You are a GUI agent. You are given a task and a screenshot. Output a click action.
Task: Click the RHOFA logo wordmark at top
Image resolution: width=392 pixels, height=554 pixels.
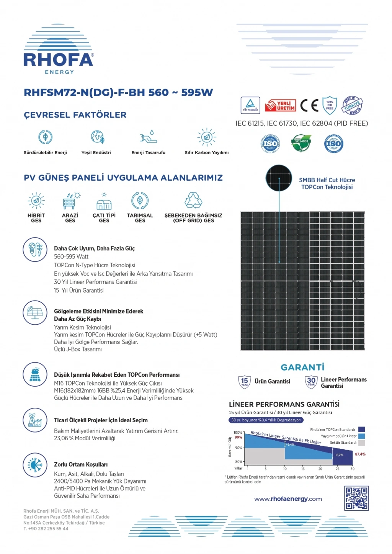point(58,60)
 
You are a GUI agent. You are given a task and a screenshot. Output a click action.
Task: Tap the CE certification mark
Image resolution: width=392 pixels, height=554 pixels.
point(309,105)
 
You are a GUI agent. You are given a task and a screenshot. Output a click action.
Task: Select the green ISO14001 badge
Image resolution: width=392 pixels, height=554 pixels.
point(301,143)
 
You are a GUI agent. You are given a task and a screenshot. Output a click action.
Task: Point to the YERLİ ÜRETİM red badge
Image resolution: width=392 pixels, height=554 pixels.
point(281,105)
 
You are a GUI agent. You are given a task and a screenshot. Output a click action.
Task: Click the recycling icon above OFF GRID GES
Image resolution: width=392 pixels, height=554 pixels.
point(193,200)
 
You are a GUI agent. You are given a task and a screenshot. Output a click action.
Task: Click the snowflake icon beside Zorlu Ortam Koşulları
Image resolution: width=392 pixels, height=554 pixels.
point(35,465)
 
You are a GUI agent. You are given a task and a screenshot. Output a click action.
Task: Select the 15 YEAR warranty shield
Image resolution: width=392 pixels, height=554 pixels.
point(245,381)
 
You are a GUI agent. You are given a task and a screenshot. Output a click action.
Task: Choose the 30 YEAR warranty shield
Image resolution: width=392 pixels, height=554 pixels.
point(311,381)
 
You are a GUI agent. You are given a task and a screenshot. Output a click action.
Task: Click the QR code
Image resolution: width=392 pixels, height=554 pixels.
point(356,498)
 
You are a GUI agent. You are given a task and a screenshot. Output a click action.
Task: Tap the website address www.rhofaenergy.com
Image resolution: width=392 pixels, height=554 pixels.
point(288,499)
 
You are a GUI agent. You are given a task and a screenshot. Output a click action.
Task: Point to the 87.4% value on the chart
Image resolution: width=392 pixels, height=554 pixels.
point(360,454)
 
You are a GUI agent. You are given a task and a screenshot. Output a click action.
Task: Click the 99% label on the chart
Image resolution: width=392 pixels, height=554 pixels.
point(238,437)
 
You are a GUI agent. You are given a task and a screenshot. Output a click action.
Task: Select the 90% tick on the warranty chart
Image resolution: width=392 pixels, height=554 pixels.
point(239,448)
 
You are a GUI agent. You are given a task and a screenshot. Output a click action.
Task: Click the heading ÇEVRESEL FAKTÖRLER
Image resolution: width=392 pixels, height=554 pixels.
point(75,115)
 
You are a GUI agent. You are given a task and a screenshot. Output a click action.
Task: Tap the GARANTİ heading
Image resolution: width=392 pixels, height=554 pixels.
point(302,367)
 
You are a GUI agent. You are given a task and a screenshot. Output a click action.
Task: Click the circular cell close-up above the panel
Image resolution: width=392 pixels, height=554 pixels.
point(279,178)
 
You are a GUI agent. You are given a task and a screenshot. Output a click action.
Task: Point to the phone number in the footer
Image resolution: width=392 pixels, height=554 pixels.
point(46,529)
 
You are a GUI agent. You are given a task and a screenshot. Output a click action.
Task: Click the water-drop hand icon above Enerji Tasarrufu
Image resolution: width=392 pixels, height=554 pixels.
point(149,137)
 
